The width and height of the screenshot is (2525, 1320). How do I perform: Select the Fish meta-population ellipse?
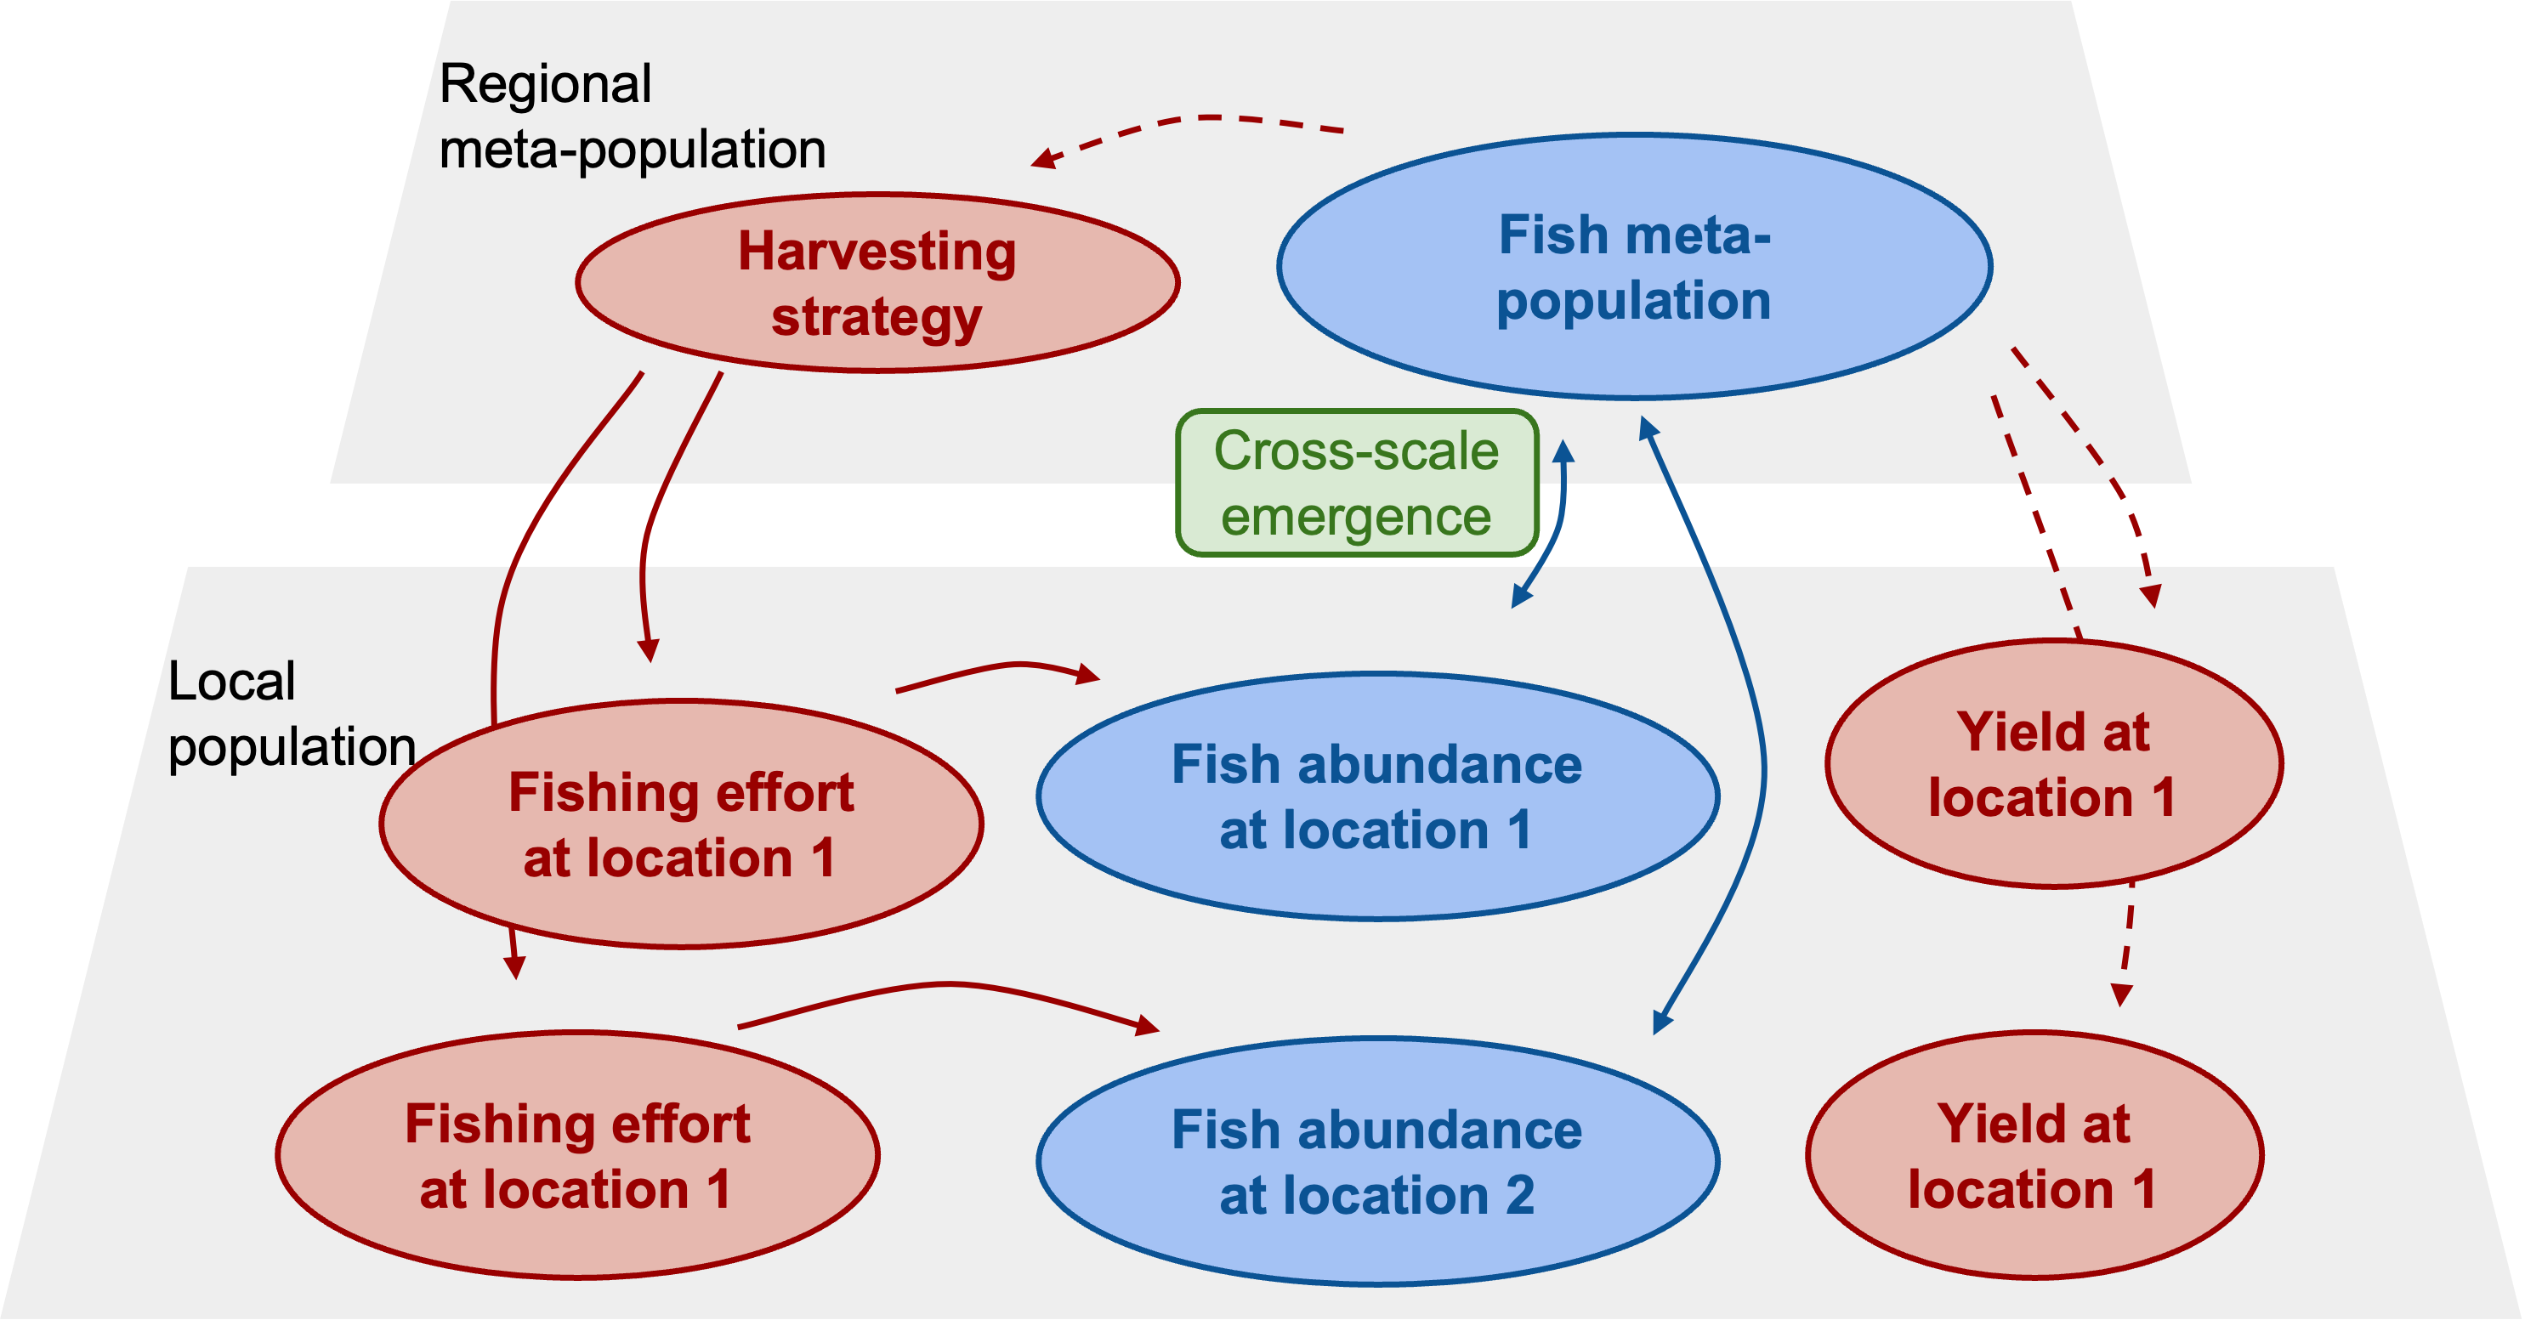pyautogui.click(x=1634, y=267)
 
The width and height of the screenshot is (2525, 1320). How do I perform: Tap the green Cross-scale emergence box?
pyautogui.click(x=1357, y=483)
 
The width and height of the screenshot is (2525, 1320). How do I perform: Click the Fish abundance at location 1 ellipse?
pyautogui.click(x=1376, y=796)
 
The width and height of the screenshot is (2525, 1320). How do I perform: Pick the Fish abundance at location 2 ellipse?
pyautogui.click(x=1376, y=1161)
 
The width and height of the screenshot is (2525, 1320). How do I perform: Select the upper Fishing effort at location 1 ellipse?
pyautogui.click(x=681, y=823)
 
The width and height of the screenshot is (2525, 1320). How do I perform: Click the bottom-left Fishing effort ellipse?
pyautogui.click(x=577, y=1155)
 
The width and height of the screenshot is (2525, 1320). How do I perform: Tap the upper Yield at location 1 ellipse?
pyautogui.click(x=2053, y=764)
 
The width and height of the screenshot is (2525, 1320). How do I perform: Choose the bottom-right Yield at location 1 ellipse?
pyautogui.click(x=2034, y=1155)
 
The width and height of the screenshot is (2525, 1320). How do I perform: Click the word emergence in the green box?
pyautogui.click(x=1356, y=517)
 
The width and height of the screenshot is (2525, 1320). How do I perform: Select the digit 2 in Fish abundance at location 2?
pyautogui.click(x=1519, y=1196)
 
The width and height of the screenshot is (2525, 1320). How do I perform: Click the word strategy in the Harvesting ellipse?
pyautogui.click(x=877, y=318)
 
